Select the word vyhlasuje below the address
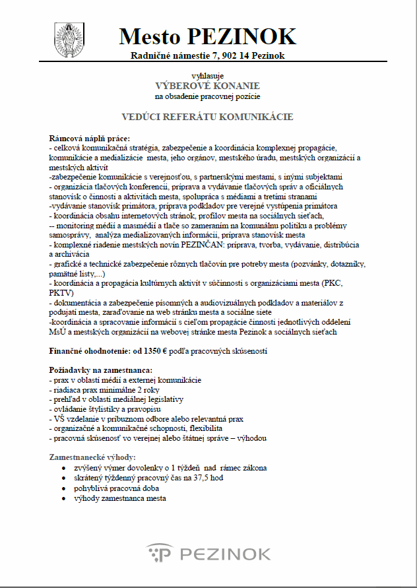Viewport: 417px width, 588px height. [x=207, y=76]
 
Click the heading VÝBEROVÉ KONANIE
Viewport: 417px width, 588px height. [x=207, y=86]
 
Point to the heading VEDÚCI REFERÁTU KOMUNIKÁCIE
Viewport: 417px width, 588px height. [x=207, y=117]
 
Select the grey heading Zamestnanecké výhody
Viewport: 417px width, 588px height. [x=92, y=457]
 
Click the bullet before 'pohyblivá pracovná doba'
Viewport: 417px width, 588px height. [x=63, y=488]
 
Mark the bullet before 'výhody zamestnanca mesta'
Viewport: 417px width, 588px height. [x=63, y=498]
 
